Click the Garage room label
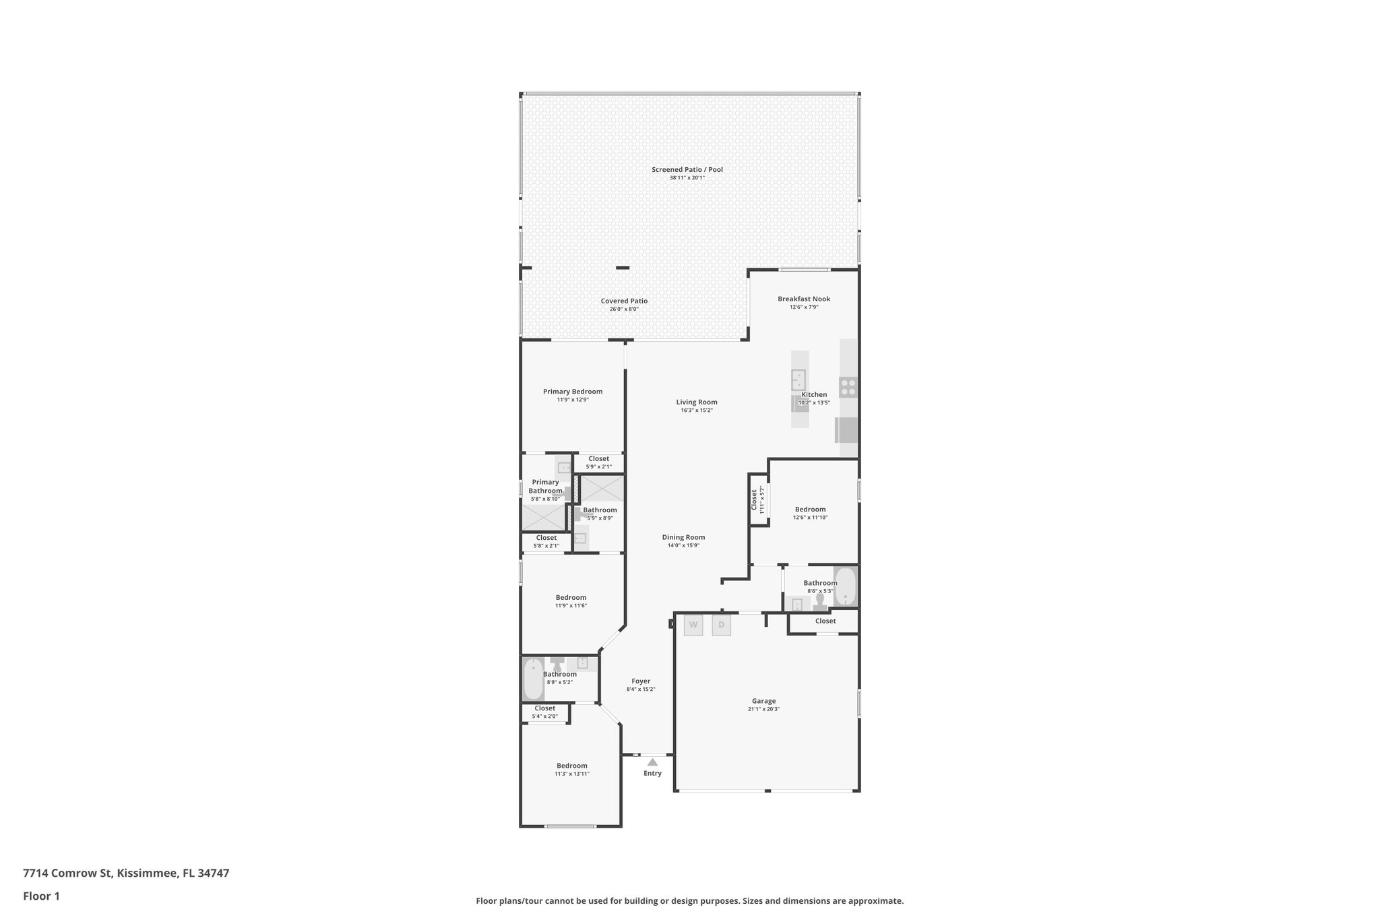(x=763, y=701)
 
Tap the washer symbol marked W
(x=693, y=625)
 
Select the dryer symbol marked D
(x=721, y=625)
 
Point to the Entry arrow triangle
(x=652, y=762)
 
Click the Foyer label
(x=640, y=681)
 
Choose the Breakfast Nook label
(x=804, y=299)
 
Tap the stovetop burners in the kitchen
(x=848, y=387)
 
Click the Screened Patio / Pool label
(x=687, y=169)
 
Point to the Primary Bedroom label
(x=573, y=392)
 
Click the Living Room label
(x=697, y=402)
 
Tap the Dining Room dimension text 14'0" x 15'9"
(x=683, y=545)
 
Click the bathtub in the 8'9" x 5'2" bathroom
(x=533, y=679)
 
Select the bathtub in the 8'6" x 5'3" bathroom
(x=845, y=586)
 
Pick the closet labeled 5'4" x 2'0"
(x=544, y=712)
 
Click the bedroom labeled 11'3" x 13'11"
(x=571, y=769)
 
